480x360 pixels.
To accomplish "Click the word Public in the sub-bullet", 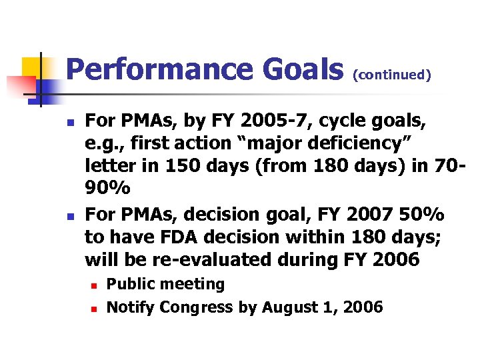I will [x=129, y=284].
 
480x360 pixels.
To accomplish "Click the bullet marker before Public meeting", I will [x=93, y=285].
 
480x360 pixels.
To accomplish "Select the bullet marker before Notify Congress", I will [x=93, y=308].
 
